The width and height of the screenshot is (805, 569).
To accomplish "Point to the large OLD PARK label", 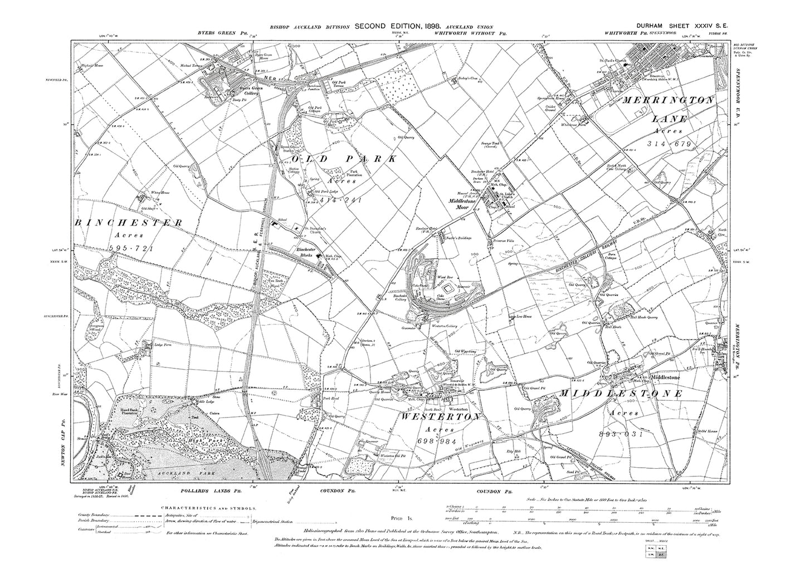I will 338,159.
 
